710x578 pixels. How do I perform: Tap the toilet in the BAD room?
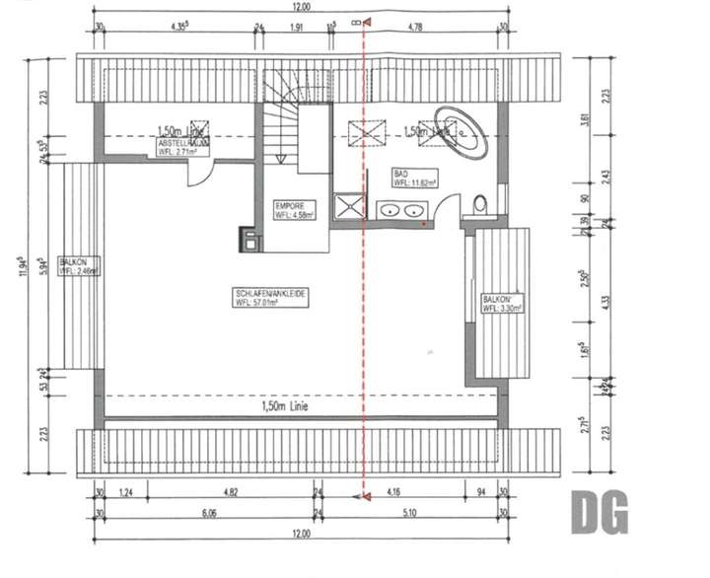coord(481,206)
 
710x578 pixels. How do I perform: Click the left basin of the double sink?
coord(390,209)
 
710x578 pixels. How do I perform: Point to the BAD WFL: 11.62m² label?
coord(414,178)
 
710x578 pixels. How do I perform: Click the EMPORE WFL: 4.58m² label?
coord(294,210)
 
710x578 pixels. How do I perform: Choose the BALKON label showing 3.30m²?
coord(501,304)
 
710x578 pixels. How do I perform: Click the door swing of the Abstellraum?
coord(198,173)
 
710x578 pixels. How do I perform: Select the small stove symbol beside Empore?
coord(248,237)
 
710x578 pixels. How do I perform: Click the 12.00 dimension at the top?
coord(301,7)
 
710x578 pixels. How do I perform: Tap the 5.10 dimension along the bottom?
coord(411,513)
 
